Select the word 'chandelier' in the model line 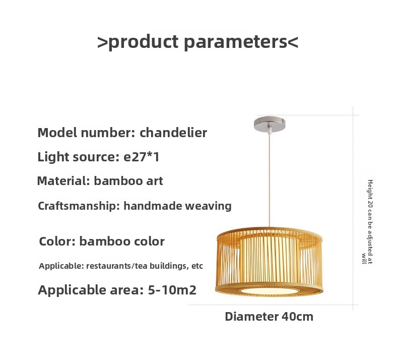tap(173, 133)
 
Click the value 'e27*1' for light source tap(142, 157)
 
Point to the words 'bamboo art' tap(128, 181)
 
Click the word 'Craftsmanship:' tap(79, 206)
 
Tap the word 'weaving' tap(208, 206)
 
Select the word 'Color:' tap(57, 241)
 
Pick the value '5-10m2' tap(172, 290)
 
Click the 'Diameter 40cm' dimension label tap(269, 317)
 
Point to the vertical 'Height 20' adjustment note tap(367, 222)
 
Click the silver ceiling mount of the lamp tap(270, 124)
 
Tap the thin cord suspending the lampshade tap(270, 180)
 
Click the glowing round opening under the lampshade tap(270, 290)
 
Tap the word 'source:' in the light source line tap(96, 157)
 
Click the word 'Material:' tap(63, 181)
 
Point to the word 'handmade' tap(153, 206)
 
